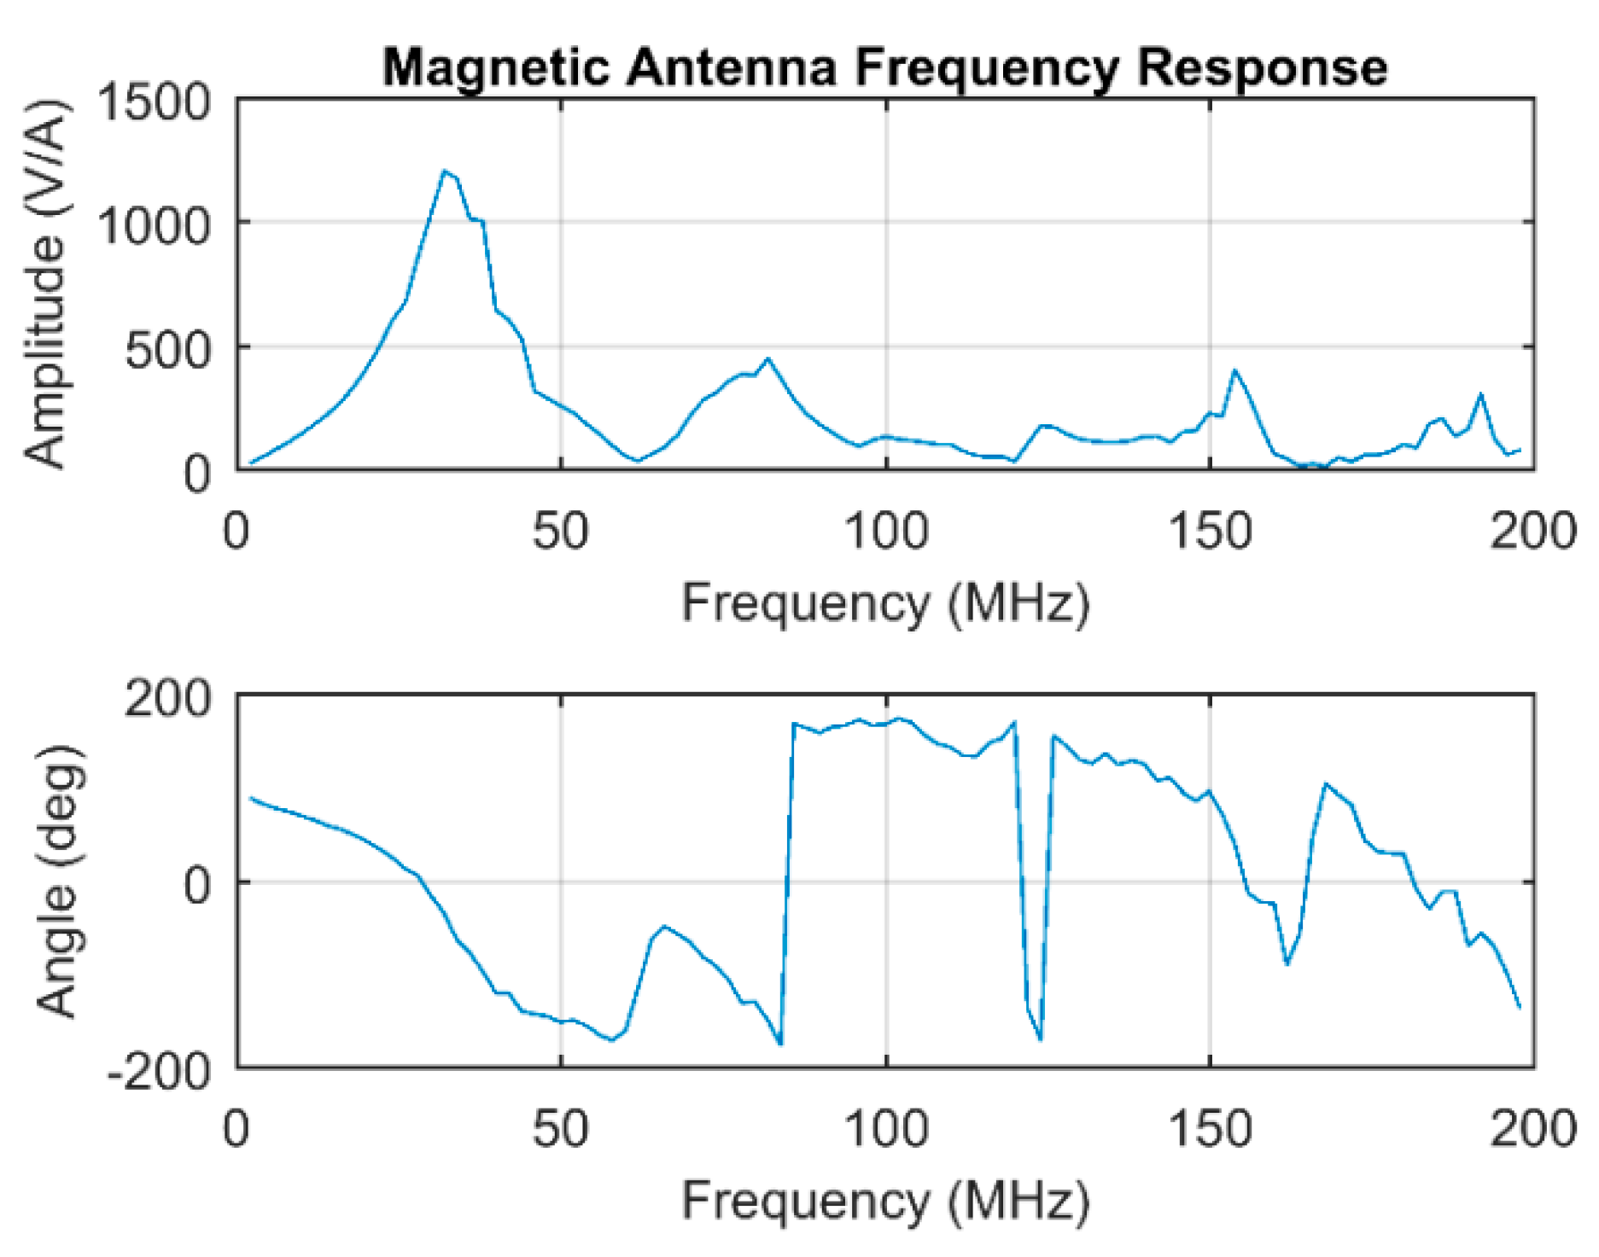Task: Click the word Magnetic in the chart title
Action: tap(496, 67)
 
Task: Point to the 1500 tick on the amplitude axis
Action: tap(155, 102)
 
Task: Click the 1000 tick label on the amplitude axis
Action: tap(155, 225)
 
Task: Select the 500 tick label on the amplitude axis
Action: tap(167, 350)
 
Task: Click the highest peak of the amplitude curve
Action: tap(444, 172)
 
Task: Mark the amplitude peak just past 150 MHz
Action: tap(1234, 370)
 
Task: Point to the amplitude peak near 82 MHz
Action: tap(768, 359)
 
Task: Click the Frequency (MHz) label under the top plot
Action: tap(885, 603)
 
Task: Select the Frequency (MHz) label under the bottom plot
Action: tap(885, 1201)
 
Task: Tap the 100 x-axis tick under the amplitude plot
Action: tap(885, 531)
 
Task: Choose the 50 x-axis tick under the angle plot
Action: tap(561, 1129)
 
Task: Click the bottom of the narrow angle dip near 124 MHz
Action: tap(1041, 1039)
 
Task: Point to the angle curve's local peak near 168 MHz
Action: tap(1325, 783)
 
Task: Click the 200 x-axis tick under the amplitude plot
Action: tap(1533, 531)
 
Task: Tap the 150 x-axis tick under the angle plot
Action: tap(1210, 1129)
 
